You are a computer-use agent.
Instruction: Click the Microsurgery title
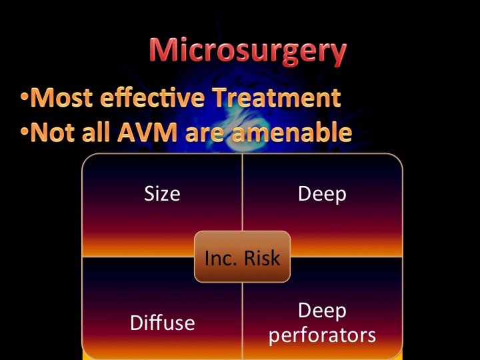tap(248, 51)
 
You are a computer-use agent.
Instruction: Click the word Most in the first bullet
tap(61, 97)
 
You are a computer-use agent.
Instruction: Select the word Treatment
tap(277, 97)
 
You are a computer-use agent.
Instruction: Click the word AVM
tap(147, 132)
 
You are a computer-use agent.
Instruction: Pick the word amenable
tap(292, 132)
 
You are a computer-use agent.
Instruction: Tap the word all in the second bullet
tap(96, 131)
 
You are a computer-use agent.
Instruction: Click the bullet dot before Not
tap(24, 131)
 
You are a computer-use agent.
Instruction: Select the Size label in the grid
tap(162, 194)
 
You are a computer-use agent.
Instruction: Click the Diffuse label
tap(162, 323)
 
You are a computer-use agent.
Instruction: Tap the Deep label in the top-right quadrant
tap(322, 195)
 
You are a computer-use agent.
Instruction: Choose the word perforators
tap(322, 336)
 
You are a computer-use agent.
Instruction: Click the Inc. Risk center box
tap(242, 257)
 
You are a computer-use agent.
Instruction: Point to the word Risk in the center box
tap(263, 258)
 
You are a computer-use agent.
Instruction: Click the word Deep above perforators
tap(322, 311)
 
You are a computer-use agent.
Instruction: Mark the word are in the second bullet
tap(205, 135)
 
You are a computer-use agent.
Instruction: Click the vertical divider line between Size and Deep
tap(242, 192)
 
